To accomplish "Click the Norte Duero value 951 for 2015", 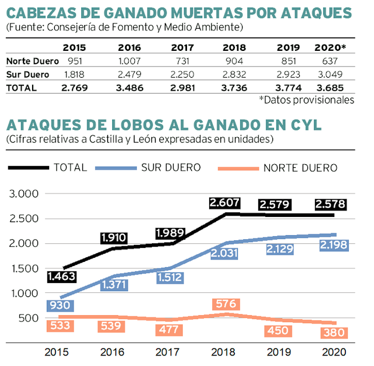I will [x=74, y=60].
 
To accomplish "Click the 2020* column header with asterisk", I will [x=331, y=47].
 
